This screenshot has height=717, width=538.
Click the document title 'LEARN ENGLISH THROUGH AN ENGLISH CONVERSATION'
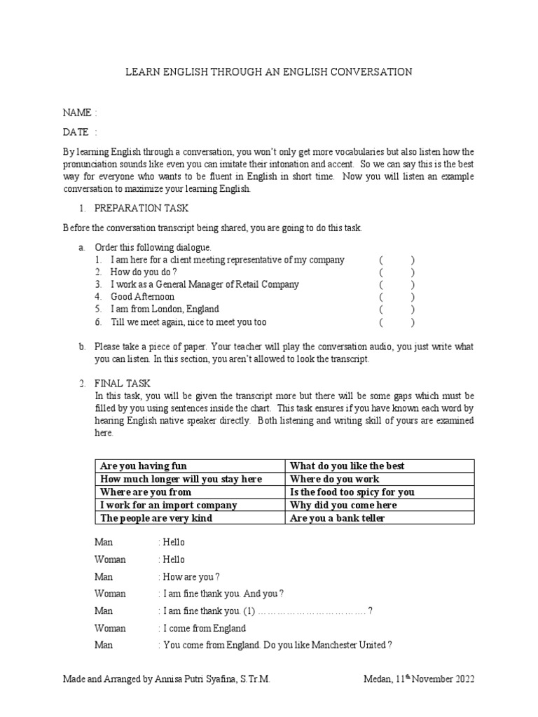268,72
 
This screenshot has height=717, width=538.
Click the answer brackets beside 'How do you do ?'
397,272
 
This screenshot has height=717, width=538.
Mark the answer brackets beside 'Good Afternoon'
397,298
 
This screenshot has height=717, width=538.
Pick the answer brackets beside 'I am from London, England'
397,310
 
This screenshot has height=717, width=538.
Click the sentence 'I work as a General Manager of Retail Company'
205,285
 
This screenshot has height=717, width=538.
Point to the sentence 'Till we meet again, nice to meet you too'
188,323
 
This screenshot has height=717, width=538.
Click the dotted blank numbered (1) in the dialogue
312,611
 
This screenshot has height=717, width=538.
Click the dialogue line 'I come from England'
204,628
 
